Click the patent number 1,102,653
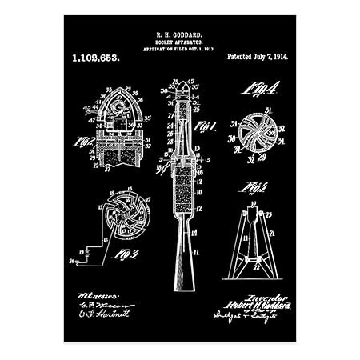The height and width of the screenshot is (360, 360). pos(96,58)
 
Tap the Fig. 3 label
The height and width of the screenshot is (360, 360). pos(125,254)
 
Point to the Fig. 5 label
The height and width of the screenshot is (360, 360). pos(254,189)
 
